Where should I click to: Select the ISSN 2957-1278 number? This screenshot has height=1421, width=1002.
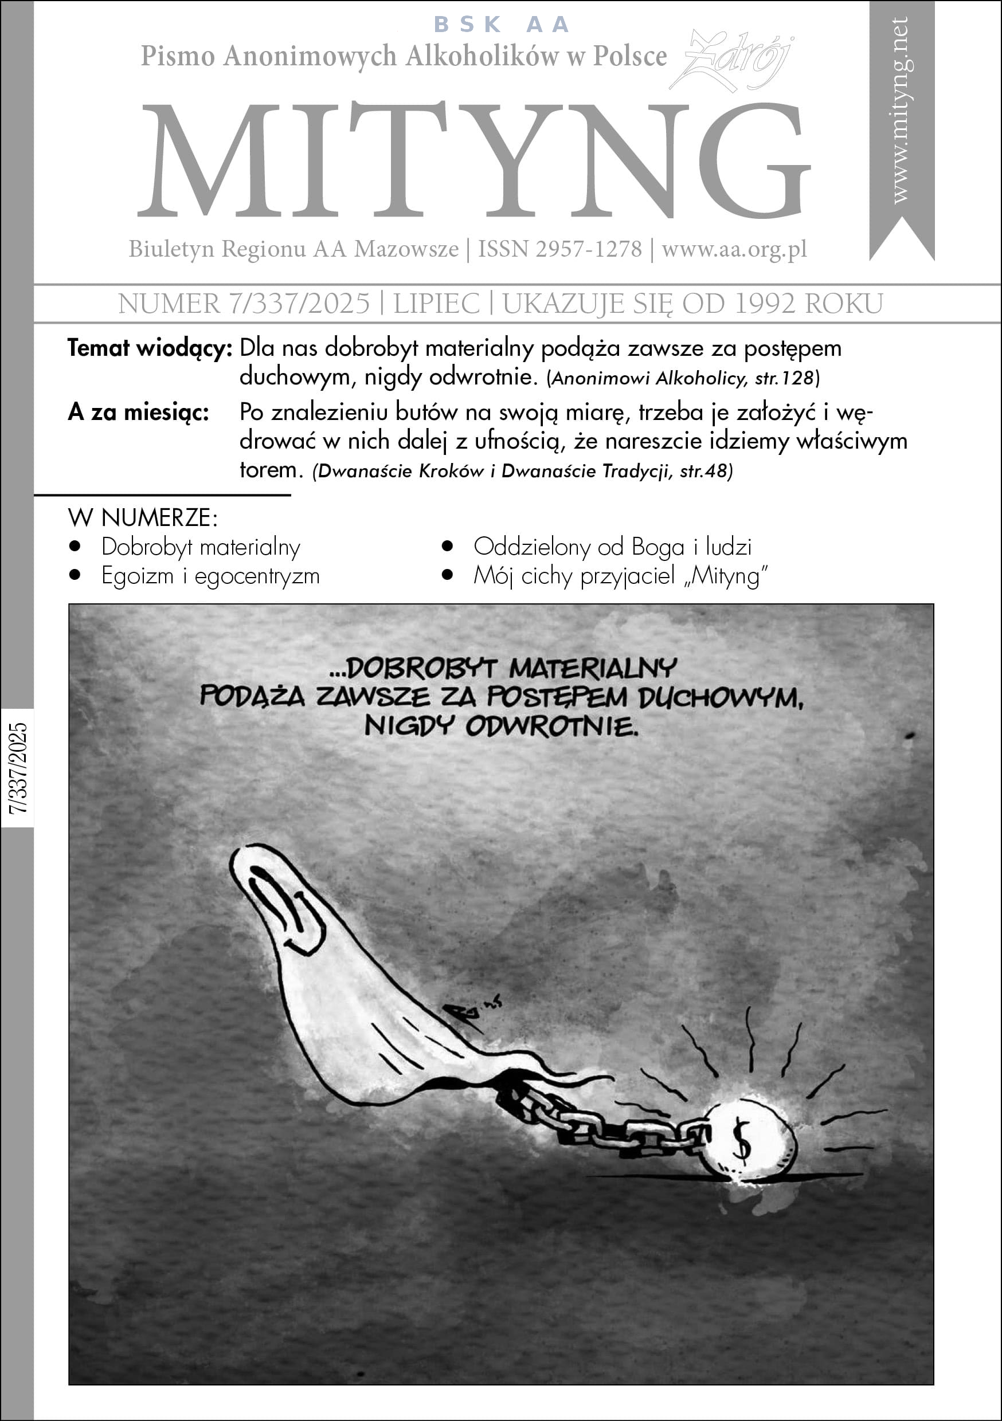(x=560, y=249)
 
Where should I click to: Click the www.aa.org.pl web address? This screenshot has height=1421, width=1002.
(x=734, y=249)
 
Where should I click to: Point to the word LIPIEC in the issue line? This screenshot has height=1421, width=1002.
(x=436, y=304)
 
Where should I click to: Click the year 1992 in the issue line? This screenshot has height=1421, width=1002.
(x=765, y=304)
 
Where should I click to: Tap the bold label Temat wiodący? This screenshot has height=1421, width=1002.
(x=149, y=348)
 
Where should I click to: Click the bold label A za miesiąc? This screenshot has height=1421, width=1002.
(x=138, y=412)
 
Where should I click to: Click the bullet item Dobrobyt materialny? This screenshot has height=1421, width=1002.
(x=201, y=547)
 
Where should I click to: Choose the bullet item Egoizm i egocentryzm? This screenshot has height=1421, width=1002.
(x=210, y=576)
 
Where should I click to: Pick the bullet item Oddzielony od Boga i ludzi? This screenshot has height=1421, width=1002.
(x=612, y=547)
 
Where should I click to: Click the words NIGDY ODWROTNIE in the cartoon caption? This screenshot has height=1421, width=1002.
(x=501, y=727)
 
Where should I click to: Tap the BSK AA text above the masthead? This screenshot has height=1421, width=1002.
(x=501, y=25)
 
